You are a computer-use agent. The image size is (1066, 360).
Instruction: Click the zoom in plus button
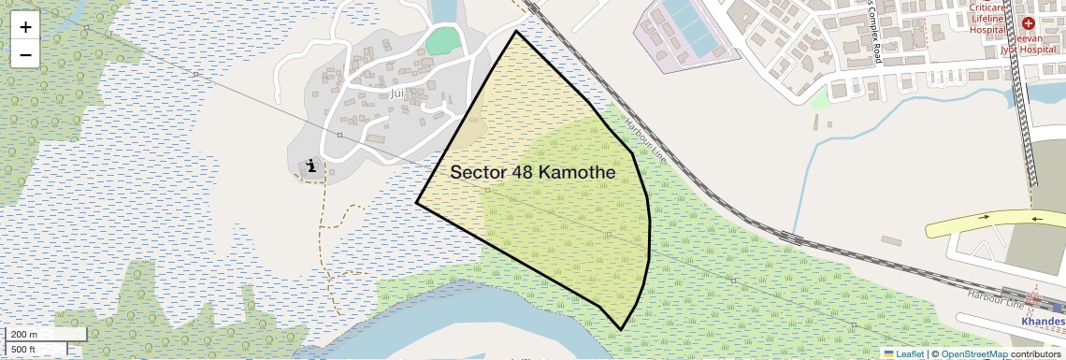tap(25, 27)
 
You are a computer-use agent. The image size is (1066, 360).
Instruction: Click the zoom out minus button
tap(25, 54)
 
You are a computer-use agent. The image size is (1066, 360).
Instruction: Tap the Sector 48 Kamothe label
tap(532, 173)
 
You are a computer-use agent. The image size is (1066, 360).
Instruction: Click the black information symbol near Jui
tap(310, 166)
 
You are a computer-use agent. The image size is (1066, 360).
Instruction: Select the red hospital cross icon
tap(1029, 22)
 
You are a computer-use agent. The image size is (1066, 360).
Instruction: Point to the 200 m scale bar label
tap(25, 335)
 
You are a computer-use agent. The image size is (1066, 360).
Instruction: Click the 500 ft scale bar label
tap(25, 350)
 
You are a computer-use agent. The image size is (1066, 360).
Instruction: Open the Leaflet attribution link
tap(903, 354)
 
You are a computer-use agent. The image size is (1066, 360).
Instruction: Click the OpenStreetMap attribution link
tap(974, 354)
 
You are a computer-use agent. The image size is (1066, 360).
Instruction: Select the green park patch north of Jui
tap(444, 41)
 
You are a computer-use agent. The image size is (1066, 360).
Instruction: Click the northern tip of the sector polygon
tap(516, 31)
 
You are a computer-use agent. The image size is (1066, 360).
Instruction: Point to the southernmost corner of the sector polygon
tap(621, 329)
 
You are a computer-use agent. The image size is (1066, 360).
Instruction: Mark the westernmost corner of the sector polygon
tap(417, 202)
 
